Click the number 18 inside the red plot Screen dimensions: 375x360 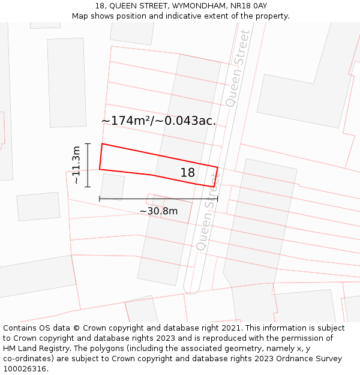coord(187,173)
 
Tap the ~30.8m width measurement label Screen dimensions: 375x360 coord(158,211)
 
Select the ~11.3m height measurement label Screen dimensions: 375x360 coord(76,165)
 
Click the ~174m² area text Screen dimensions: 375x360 coord(125,121)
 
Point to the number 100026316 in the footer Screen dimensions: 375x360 coord(25,369)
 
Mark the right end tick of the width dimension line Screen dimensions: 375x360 coord(218,198)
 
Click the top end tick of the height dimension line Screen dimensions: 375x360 coord(88,144)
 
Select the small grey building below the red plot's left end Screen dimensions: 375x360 coord(112,187)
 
